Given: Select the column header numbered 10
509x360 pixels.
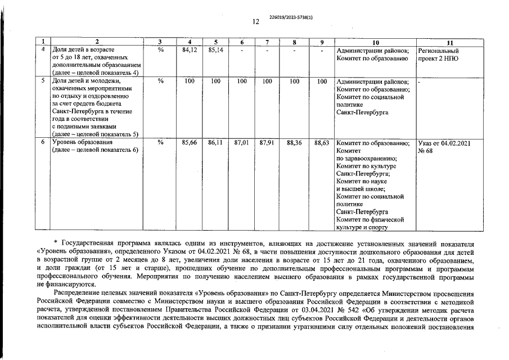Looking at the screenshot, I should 375,43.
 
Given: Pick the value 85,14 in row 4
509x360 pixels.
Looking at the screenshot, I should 215,51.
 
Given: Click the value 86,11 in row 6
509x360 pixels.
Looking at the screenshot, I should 215,143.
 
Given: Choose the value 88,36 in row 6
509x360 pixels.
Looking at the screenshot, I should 294,143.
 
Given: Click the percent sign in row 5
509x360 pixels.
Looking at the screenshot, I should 160,82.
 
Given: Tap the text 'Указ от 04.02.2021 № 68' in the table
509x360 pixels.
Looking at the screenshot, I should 444,147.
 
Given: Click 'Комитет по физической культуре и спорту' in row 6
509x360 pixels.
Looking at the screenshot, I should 370,223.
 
